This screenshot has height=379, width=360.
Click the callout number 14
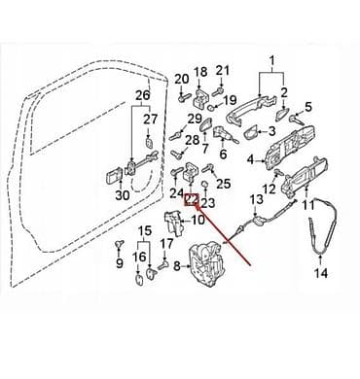click(x=321, y=273)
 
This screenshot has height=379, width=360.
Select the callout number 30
click(x=123, y=195)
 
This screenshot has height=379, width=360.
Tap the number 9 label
click(x=120, y=263)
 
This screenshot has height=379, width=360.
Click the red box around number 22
click(x=192, y=200)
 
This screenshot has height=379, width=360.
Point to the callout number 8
click(x=177, y=266)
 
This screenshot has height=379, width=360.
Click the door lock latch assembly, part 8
click(x=208, y=264)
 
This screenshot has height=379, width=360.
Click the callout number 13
click(x=257, y=199)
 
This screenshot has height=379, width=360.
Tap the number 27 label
click(x=151, y=120)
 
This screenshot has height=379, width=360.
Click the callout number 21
click(x=223, y=70)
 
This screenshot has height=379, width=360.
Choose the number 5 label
click(x=307, y=106)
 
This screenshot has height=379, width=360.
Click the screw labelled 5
click(x=297, y=120)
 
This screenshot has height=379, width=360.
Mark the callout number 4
click(x=251, y=159)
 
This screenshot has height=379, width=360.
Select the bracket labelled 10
click(x=174, y=222)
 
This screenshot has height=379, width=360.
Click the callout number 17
click(x=167, y=244)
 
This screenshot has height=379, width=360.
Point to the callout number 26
click(x=143, y=95)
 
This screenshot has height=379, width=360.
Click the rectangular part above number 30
click(x=114, y=177)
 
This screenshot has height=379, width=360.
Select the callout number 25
click(x=223, y=184)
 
